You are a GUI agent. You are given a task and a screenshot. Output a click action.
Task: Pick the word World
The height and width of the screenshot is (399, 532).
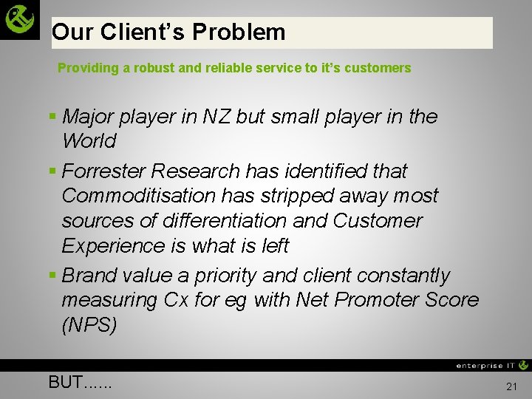point(89,141)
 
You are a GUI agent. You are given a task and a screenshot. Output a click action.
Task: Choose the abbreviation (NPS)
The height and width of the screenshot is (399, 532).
point(89,325)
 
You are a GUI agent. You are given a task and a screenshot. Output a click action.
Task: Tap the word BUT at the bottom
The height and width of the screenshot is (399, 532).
point(66,382)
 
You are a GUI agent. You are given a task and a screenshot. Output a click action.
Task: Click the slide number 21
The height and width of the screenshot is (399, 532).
point(511,386)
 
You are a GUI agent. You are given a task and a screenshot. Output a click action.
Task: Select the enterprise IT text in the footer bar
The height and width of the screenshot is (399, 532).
point(485,365)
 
